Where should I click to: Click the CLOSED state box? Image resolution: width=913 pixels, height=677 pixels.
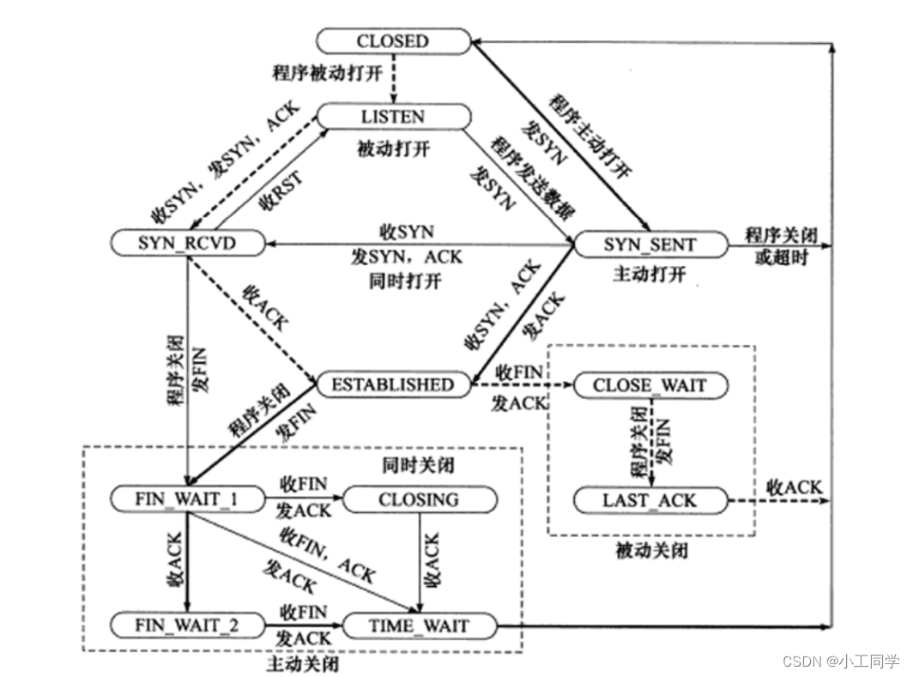tap(393, 40)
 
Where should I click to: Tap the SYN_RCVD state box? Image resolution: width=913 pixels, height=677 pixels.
tap(186, 244)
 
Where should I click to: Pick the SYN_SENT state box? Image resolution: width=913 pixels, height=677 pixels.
tap(650, 245)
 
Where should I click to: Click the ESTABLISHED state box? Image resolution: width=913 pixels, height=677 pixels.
tap(394, 384)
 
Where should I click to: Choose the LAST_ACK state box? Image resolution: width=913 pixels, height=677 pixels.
tap(650, 499)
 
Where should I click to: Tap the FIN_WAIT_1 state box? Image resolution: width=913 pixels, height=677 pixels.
tap(186, 499)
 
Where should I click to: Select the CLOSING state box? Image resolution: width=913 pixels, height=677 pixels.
tap(419, 499)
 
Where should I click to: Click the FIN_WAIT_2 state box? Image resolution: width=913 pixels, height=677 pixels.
tap(186, 626)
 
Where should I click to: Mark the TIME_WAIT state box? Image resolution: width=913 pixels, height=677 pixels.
tap(419, 626)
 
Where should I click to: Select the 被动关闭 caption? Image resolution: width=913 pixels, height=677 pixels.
tap(651, 550)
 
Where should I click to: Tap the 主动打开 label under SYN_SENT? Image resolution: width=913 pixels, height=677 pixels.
tap(650, 275)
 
